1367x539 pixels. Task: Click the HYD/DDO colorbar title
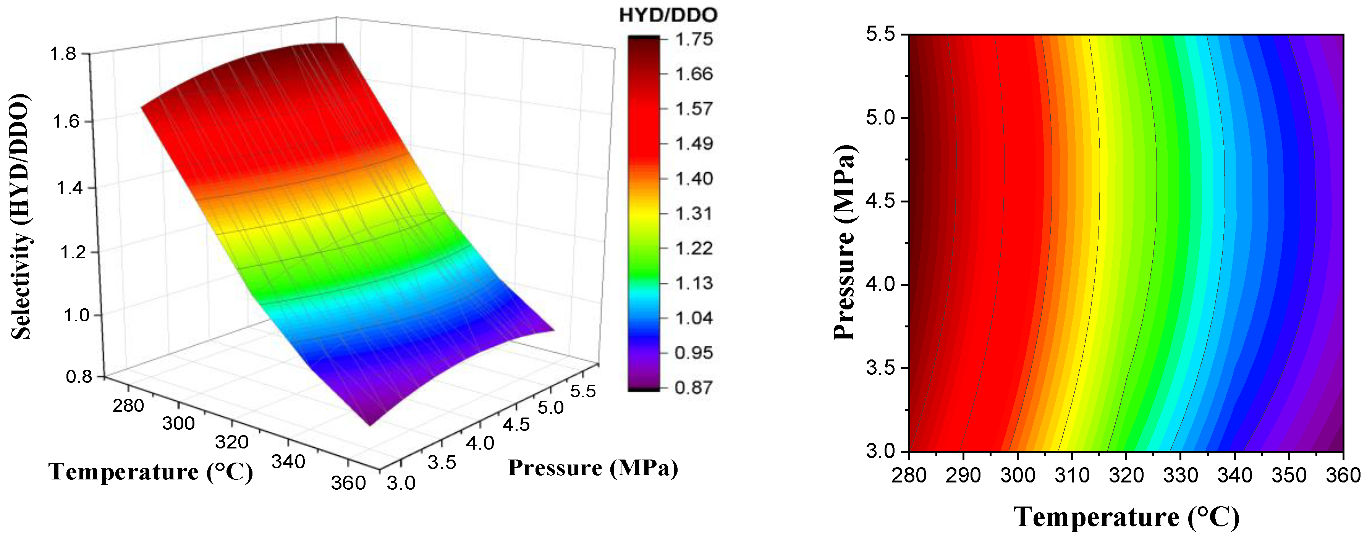click(x=668, y=15)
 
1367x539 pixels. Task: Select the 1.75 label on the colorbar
click(x=694, y=39)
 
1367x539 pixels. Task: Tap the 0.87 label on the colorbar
click(x=694, y=387)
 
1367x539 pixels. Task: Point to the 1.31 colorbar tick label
click(x=694, y=213)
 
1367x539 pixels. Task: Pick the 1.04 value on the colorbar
click(x=694, y=318)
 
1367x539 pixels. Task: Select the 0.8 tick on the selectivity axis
click(x=79, y=377)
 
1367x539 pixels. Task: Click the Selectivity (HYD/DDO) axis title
click(x=21, y=217)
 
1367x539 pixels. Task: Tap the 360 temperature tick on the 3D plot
click(x=348, y=483)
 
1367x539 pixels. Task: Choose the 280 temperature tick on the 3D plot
click(x=128, y=405)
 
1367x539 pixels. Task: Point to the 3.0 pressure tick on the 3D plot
click(x=401, y=483)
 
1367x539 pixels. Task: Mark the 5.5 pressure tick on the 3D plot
click(x=583, y=391)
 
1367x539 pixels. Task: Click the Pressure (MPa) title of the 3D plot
click(x=593, y=468)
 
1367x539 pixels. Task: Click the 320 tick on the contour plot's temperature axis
click(x=1126, y=475)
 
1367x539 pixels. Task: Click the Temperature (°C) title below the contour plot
click(x=1127, y=516)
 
